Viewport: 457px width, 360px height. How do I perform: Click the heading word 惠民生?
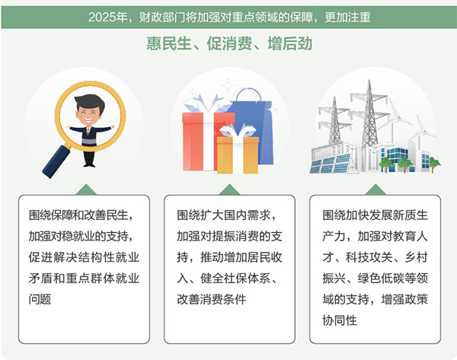[169, 43]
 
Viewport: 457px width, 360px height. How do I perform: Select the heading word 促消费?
[229, 43]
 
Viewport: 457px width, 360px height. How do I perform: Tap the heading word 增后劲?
[290, 43]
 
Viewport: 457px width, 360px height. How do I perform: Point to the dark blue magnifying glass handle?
[57, 161]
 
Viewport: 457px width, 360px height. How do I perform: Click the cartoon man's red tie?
[88, 132]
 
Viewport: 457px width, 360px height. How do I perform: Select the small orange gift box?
[238, 155]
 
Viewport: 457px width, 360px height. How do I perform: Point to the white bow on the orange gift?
[238, 130]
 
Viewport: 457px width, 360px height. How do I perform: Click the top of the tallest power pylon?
[369, 81]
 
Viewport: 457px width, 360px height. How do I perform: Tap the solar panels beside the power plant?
[331, 163]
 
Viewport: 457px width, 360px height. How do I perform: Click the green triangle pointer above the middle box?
[229, 190]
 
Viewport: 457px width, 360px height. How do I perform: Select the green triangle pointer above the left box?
[86, 190]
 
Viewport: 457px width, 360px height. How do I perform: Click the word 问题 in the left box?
[40, 299]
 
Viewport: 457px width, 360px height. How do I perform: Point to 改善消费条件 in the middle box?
[212, 299]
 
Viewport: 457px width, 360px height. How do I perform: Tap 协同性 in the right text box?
[340, 320]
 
